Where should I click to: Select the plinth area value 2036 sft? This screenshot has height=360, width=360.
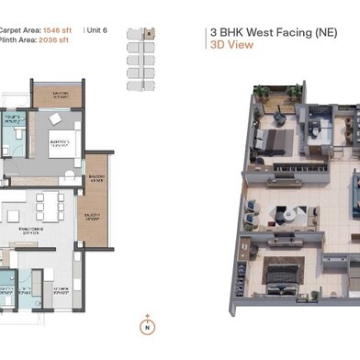click(x=62, y=40)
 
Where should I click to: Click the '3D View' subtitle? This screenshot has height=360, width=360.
click(x=226, y=42)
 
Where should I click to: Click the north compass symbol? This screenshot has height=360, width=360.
click(x=144, y=325)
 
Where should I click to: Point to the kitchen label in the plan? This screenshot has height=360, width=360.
click(x=61, y=293)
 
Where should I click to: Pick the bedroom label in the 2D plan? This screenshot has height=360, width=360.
click(x=61, y=144)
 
